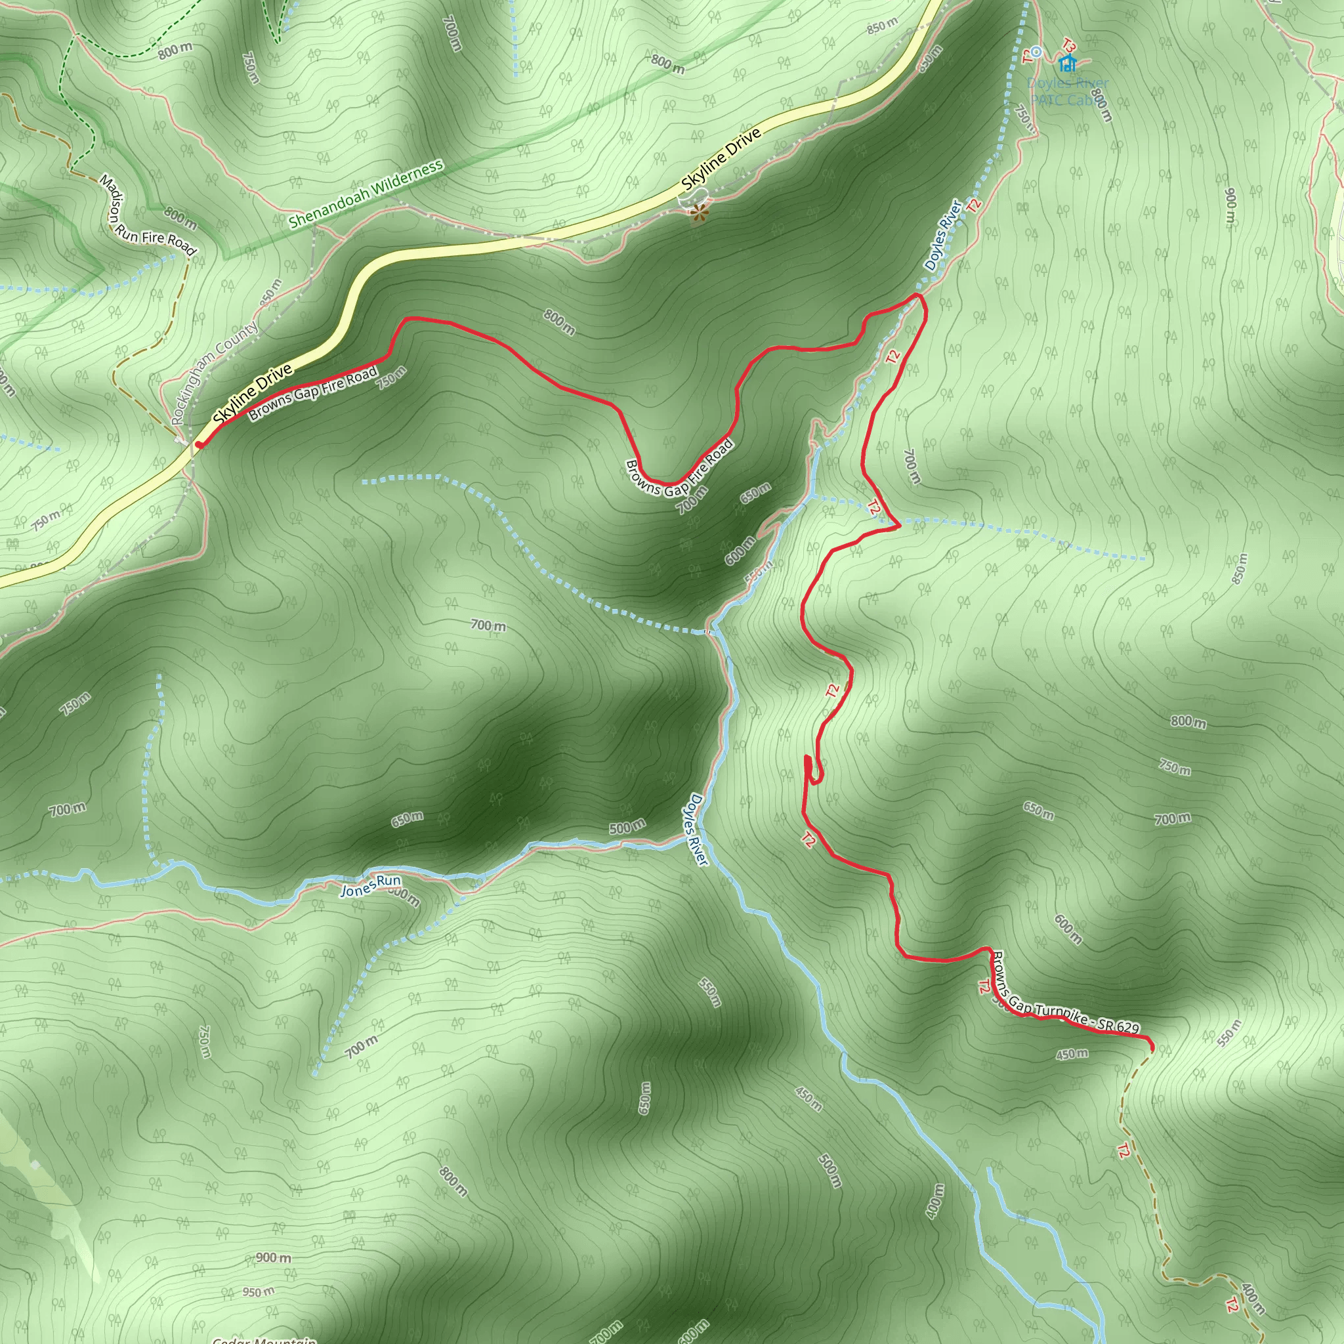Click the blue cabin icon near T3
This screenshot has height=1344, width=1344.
pyautogui.click(x=1067, y=64)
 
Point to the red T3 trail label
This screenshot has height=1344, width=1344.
pyautogui.click(x=1069, y=46)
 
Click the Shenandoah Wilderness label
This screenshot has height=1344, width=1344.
pyautogui.click(x=366, y=194)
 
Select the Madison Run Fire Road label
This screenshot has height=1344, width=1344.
pyautogui.click(x=148, y=216)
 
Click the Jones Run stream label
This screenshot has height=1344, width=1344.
pyautogui.click(x=371, y=885)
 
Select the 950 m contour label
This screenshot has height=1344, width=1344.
pyautogui.click(x=258, y=1293)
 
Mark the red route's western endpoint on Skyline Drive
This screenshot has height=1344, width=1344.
pyautogui.click(x=199, y=444)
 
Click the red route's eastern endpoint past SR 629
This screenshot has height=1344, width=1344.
pyautogui.click(x=1150, y=1045)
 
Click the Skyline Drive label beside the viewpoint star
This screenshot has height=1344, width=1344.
pyautogui.click(x=722, y=159)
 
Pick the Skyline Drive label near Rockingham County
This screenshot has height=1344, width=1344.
pyautogui.click(x=253, y=394)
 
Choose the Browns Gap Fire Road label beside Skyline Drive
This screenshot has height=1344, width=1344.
pyautogui.click(x=313, y=394)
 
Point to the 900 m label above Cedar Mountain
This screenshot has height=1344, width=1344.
pyautogui.click(x=274, y=1258)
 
